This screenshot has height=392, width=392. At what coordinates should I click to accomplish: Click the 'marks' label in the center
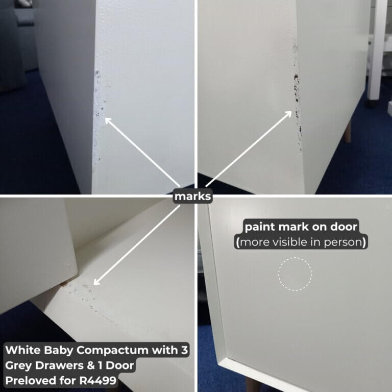[192, 197]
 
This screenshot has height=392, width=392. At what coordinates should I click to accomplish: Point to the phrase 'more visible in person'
[301, 242]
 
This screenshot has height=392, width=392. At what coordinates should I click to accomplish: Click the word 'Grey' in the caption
[20, 365]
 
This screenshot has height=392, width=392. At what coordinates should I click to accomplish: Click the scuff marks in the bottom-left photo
[82, 293]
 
